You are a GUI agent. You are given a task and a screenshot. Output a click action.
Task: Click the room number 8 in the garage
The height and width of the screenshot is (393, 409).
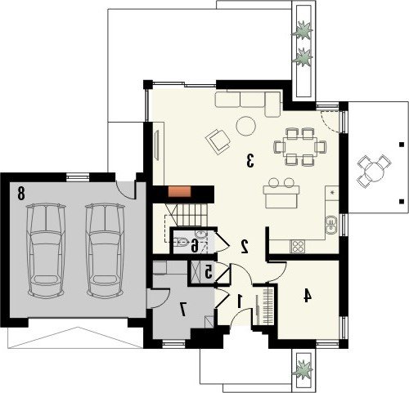pyautogui.click(x=20, y=193)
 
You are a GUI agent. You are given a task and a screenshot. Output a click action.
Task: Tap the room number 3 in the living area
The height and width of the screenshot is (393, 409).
pyautogui.click(x=250, y=160)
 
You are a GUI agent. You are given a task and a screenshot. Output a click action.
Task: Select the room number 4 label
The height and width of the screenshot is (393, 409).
pyautogui.click(x=308, y=296)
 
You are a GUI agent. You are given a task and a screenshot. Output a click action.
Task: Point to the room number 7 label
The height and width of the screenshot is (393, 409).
pyautogui.click(x=182, y=309)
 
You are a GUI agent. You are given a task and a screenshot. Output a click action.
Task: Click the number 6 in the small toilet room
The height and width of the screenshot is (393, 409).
pyautogui.click(x=194, y=245)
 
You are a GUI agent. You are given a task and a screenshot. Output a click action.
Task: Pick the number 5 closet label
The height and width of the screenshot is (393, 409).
pyautogui.click(x=209, y=271)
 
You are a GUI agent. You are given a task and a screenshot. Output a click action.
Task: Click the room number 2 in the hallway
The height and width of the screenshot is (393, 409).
pyautogui.click(x=245, y=247)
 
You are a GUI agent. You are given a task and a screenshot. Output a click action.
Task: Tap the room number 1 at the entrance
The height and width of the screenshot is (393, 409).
pyautogui.click(x=240, y=301)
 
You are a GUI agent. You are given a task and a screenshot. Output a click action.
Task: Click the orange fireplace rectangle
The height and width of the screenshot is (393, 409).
pyautogui.click(x=179, y=191)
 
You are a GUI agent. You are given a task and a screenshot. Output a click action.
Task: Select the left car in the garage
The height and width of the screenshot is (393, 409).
pyautogui.click(x=46, y=250)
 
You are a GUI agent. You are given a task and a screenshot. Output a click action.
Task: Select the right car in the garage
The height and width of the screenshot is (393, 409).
pyautogui.click(x=106, y=250)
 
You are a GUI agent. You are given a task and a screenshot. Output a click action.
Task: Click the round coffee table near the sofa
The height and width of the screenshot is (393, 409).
pyautogui.click(x=246, y=126)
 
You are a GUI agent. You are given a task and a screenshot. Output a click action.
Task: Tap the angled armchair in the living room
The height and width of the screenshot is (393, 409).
pyautogui.click(x=218, y=141)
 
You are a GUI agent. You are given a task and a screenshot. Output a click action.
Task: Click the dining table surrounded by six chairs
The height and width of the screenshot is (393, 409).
pyautogui.click(x=300, y=146)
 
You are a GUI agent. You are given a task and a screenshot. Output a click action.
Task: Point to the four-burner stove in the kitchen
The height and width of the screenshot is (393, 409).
pyautogui.click(x=298, y=246)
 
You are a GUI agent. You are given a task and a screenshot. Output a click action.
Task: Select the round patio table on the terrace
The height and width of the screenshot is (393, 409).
pyautogui.click(x=375, y=170)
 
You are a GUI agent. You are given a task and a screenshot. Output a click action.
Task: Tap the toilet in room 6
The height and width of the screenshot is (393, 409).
pyautogui.click(x=182, y=241)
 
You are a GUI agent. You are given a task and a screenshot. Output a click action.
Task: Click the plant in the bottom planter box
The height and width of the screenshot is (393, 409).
pyautogui.click(x=303, y=368)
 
